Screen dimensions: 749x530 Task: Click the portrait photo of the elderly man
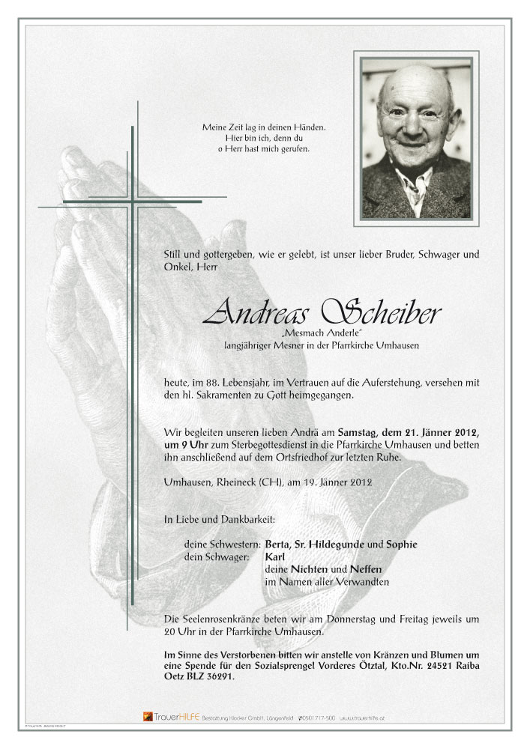click(x=416, y=139)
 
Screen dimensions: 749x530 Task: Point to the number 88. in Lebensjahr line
click(x=217, y=382)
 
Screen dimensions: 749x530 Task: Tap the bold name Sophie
click(x=400, y=545)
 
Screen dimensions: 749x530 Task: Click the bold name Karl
click(x=275, y=557)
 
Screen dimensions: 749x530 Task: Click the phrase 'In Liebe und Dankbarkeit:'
click(x=220, y=519)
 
